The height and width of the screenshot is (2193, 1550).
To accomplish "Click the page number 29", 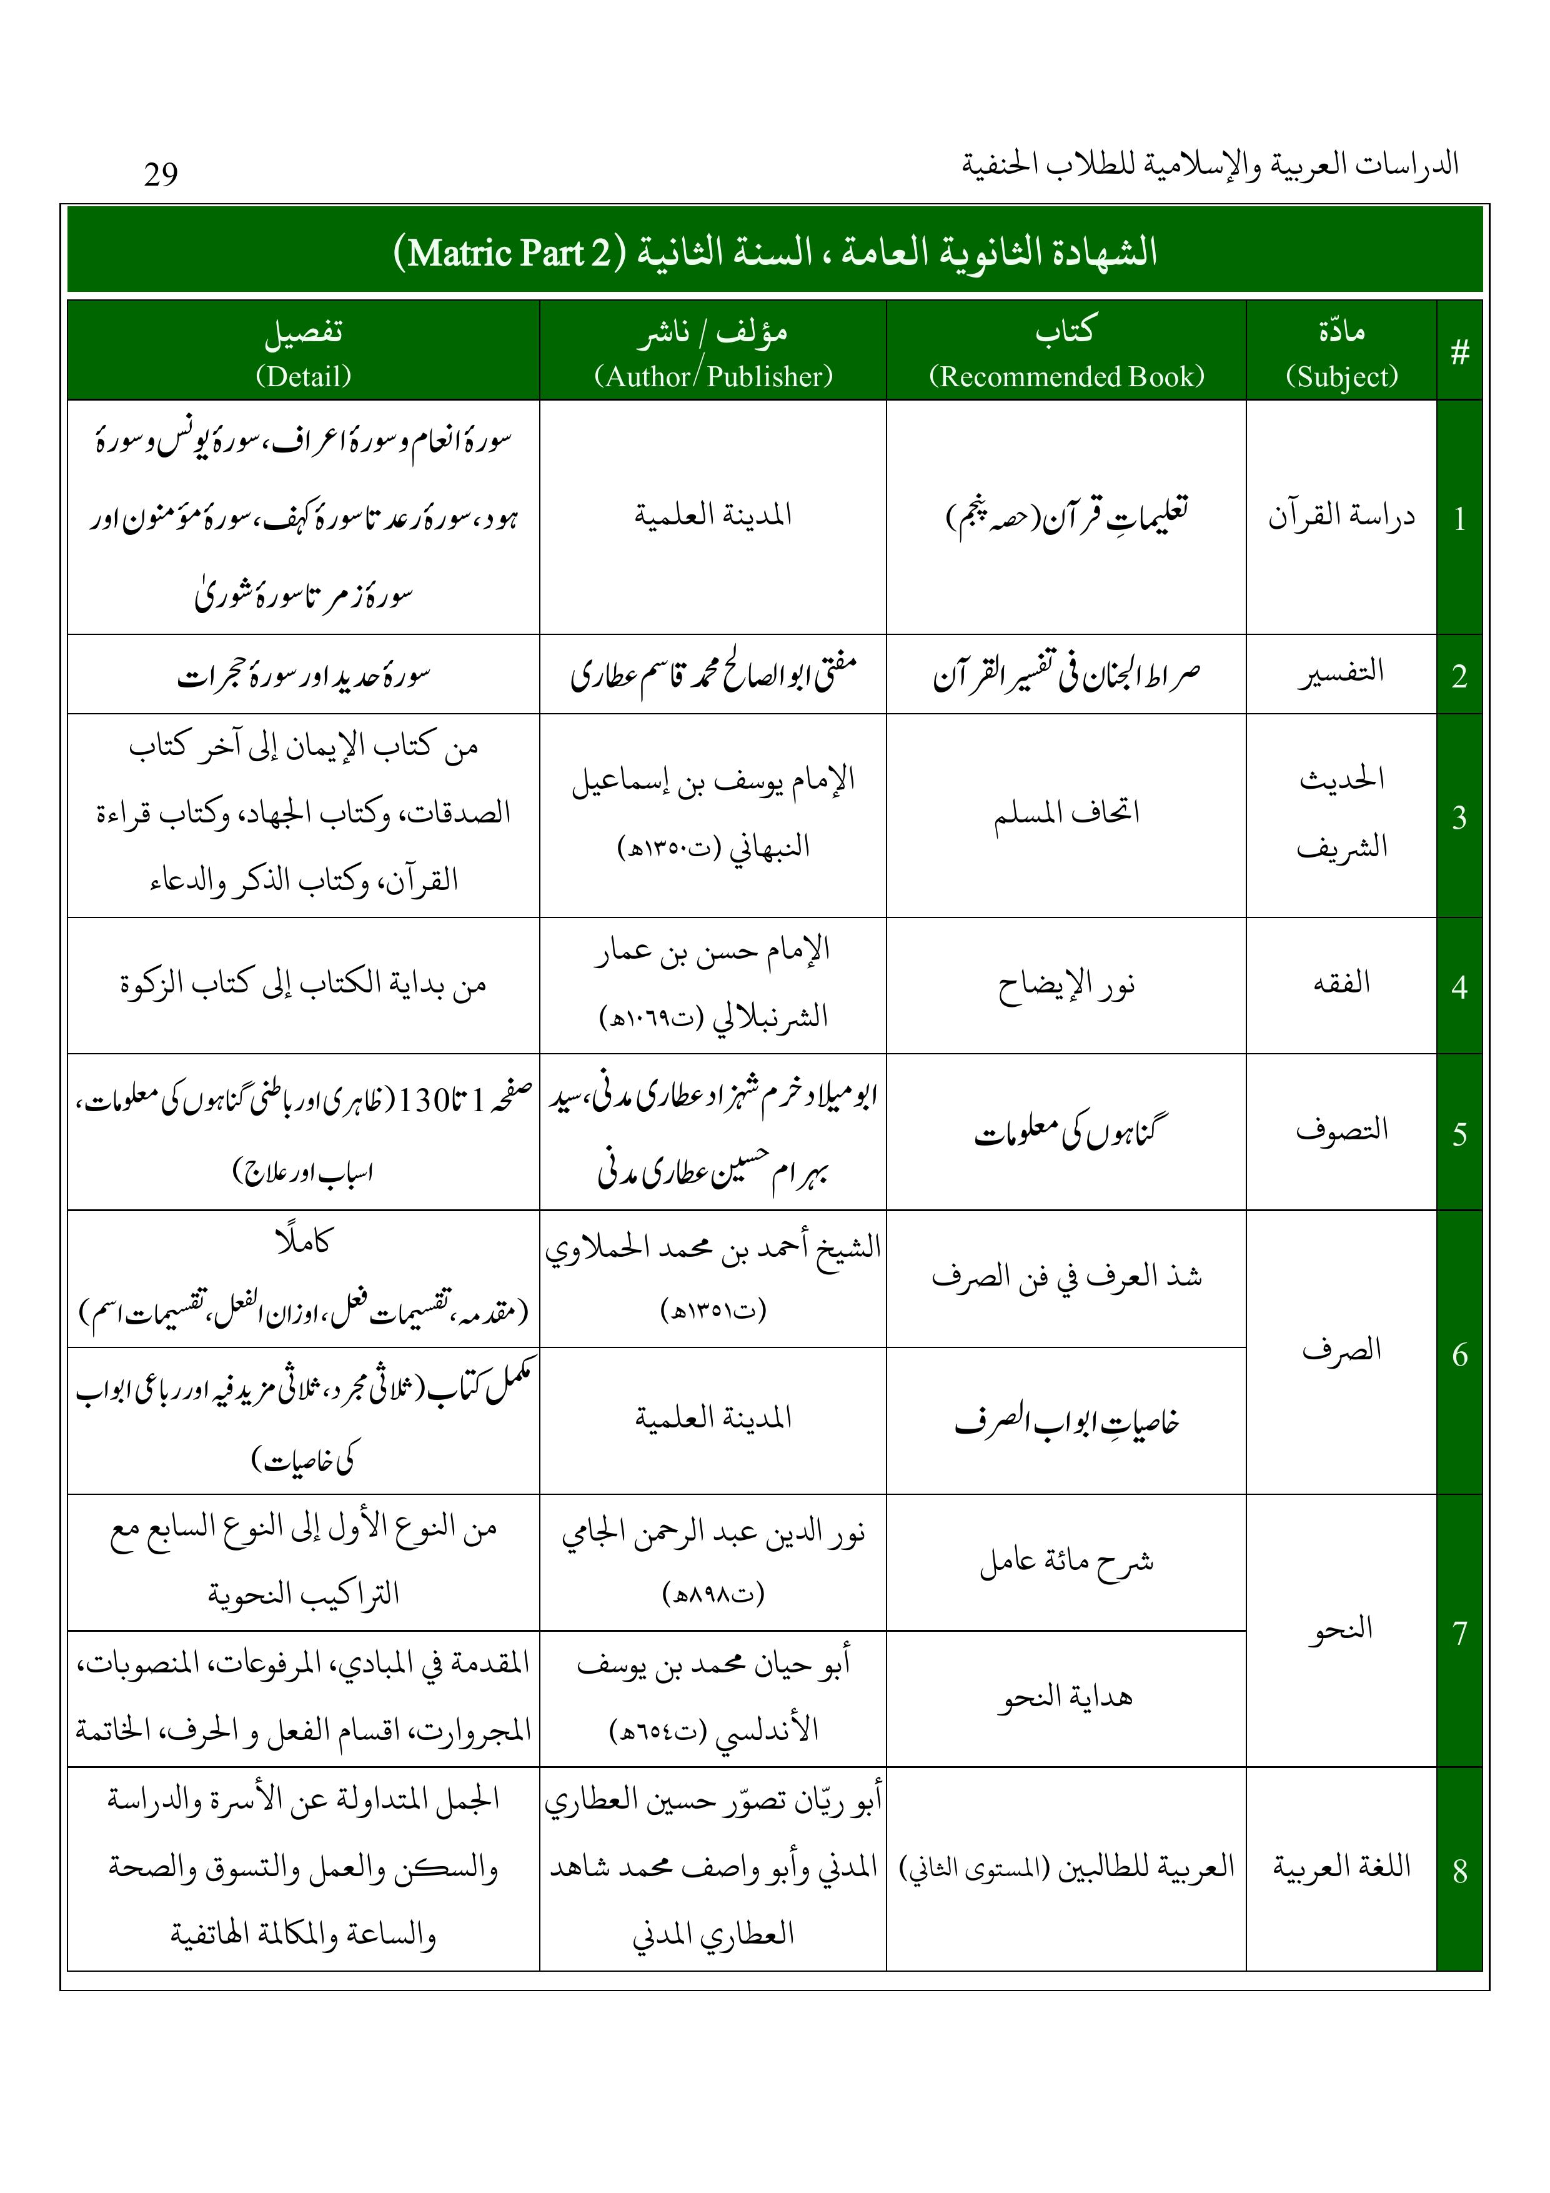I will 161,174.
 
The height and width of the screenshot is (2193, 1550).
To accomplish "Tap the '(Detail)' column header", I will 303,376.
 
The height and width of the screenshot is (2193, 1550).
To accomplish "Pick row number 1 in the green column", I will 1459,519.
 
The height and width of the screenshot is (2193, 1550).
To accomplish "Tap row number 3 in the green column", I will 1459,817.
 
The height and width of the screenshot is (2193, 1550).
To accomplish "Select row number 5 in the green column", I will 1459,1134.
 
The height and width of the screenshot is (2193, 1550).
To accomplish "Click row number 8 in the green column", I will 1459,1870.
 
